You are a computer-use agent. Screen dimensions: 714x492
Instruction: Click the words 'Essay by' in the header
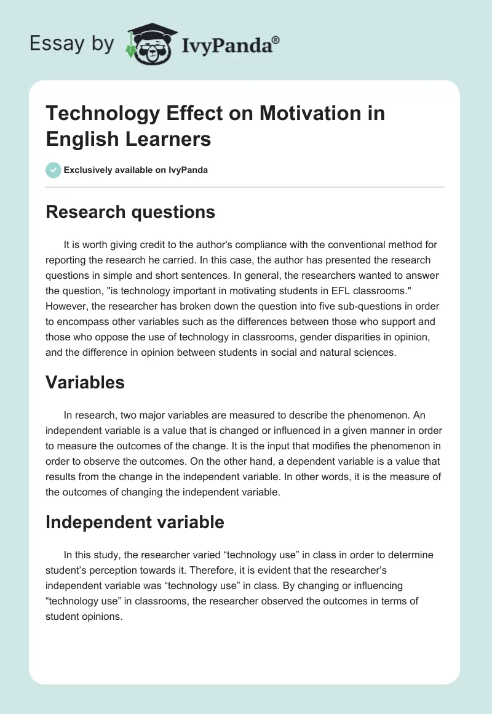72,44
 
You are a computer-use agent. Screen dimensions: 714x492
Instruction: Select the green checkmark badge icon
54,170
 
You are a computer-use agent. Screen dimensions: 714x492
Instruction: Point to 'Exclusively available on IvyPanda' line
136,170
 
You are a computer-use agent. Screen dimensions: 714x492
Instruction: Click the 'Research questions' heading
130,212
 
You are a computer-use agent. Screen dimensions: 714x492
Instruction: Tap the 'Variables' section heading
85,382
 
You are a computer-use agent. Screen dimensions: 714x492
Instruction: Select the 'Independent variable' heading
135,523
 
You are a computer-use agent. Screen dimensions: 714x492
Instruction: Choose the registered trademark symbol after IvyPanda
276,40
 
